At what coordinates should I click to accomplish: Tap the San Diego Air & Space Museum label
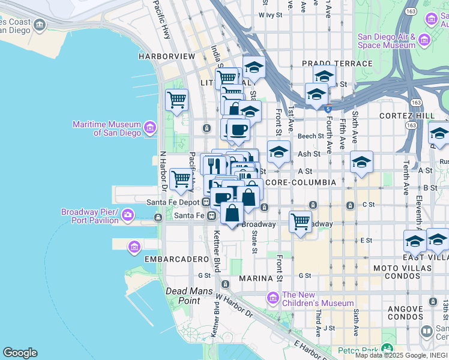click(387, 41)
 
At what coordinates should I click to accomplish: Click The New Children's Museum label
click(318, 299)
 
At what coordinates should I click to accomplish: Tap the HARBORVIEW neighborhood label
click(167, 56)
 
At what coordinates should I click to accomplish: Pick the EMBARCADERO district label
click(176, 259)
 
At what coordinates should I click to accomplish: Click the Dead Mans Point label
click(182, 296)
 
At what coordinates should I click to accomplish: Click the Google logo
click(20, 353)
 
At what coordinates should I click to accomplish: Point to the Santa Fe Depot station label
click(172, 202)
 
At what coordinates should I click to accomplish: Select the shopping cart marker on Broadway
click(300, 221)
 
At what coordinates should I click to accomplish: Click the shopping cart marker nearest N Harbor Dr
click(181, 178)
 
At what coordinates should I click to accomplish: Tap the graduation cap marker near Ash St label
click(279, 152)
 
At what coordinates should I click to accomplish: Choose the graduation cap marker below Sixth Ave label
click(361, 161)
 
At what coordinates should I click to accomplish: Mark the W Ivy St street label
click(270, 15)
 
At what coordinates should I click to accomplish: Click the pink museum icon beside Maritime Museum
click(149, 127)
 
